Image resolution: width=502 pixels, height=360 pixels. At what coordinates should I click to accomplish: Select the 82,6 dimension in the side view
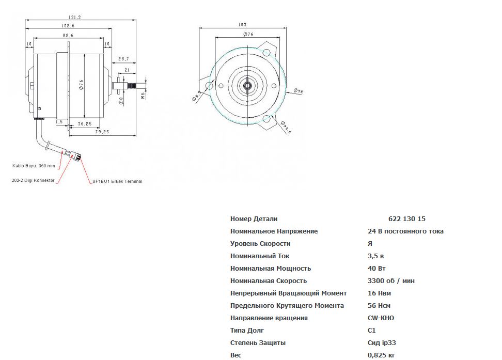click(x=68, y=35)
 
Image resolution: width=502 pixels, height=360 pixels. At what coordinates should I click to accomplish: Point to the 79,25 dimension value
click(x=102, y=132)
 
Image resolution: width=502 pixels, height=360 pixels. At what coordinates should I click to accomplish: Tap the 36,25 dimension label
click(x=85, y=124)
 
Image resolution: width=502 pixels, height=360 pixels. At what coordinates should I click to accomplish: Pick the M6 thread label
click(x=143, y=95)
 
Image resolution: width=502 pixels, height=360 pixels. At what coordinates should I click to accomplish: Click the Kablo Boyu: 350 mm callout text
click(x=34, y=166)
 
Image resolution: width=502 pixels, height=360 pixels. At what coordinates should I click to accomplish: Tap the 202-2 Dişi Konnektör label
click(x=33, y=181)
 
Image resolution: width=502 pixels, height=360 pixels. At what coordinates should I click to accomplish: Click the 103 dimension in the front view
click(x=242, y=24)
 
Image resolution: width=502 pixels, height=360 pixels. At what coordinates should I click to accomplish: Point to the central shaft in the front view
click(x=248, y=85)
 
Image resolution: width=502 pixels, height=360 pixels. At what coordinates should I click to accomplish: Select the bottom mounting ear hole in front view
click(x=267, y=120)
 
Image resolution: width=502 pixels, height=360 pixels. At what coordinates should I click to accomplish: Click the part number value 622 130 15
click(x=406, y=219)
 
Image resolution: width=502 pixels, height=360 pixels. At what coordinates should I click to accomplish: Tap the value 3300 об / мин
click(x=391, y=281)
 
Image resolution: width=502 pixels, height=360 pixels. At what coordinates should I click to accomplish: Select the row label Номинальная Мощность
click(x=271, y=269)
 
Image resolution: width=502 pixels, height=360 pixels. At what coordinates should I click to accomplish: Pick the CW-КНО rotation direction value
click(x=381, y=318)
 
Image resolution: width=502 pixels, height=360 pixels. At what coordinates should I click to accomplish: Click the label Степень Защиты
click(x=258, y=343)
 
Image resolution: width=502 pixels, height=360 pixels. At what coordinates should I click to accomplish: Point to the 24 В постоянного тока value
click(x=405, y=231)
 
